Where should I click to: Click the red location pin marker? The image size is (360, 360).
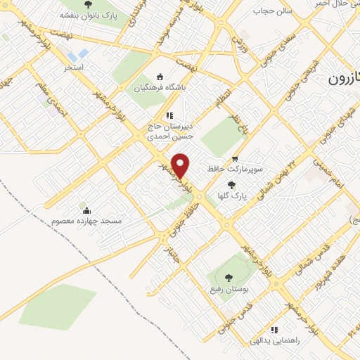click(181, 165)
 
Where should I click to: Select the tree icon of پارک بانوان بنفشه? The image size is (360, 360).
click(86, 4)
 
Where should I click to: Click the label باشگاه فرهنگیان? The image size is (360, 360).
click(156, 89)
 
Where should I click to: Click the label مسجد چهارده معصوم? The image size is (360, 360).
click(86, 221)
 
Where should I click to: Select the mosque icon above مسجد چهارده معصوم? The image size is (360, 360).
click(86, 210)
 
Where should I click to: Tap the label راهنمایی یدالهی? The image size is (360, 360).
click(276, 340)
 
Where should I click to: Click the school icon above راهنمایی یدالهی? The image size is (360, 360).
click(274, 329)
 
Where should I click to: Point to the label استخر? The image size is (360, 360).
click(75, 67)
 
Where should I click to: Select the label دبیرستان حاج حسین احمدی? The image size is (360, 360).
click(169, 131)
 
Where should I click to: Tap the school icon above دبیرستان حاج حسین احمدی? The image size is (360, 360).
click(169, 115)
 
